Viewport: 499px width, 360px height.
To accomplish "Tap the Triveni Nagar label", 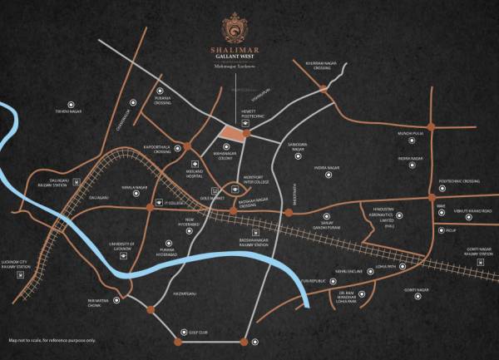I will pyautogui.click(x=72, y=110).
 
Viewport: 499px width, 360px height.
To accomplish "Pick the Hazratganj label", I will pyautogui.click(x=185, y=293).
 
